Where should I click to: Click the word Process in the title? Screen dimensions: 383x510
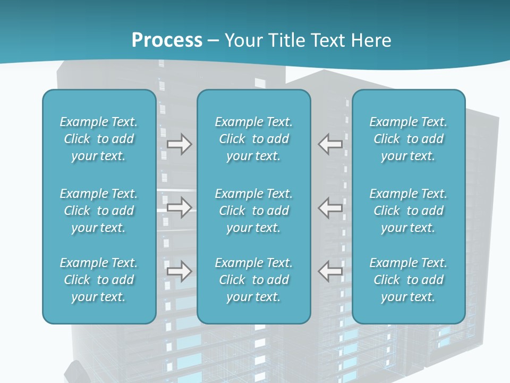tap(167, 40)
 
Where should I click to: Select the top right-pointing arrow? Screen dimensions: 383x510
tap(179, 144)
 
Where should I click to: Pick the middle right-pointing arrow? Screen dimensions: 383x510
tap(179, 208)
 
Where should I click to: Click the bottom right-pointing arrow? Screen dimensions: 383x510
tap(179, 271)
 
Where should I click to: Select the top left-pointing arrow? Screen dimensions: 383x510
tap(330, 144)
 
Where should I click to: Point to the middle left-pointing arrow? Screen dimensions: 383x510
tap(330, 207)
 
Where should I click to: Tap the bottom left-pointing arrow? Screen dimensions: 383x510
tap(330, 271)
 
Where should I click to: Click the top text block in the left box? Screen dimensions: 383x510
tap(99, 139)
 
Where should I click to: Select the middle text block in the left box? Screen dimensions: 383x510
tap(99, 211)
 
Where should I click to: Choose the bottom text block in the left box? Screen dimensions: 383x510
tap(99, 280)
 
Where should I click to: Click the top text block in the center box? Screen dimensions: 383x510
tap(254, 139)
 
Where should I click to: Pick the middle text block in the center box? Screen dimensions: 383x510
tap(254, 211)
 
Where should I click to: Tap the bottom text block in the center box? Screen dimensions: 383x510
tap(254, 280)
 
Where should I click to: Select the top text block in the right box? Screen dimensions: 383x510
tap(409, 139)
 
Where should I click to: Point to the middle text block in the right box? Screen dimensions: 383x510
tap(409, 211)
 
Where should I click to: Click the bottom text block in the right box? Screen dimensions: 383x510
tap(409, 280)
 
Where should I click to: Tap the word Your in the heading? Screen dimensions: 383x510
tap(243, 40)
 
